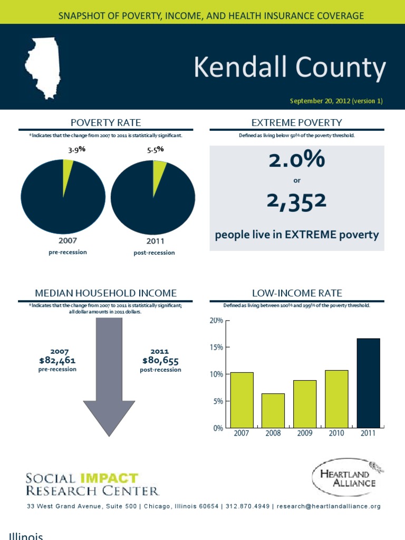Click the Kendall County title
290,69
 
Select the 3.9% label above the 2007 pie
76,150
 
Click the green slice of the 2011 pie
159,171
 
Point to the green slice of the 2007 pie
67,170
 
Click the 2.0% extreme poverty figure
297,160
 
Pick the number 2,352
297,200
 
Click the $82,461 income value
57,361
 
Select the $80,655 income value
160,361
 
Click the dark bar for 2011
368,383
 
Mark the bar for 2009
305,403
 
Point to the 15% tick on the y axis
217,348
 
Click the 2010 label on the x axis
336,433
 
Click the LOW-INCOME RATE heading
297,293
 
